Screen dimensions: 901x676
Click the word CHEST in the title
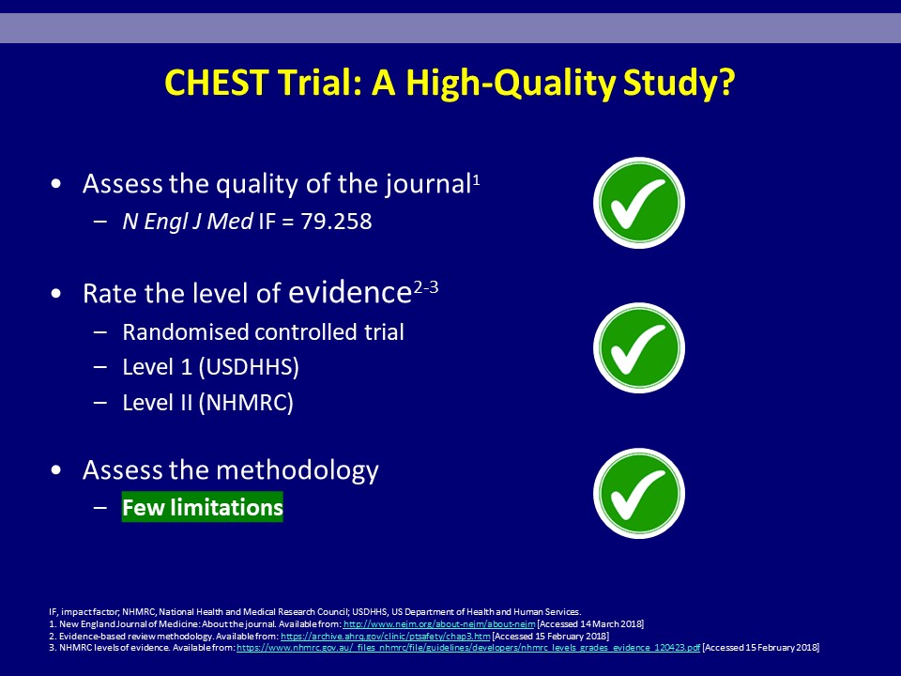(216, 83)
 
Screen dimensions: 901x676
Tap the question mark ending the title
(726, 83)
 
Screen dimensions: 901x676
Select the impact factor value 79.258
(336, 222)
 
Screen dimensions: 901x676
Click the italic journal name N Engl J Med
(188, 222)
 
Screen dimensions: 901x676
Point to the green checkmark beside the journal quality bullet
(639, 203)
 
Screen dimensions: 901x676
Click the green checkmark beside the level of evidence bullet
(639, 347)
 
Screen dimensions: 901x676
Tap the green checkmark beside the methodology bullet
(639, 493)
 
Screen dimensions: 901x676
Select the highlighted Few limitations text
(203, 507)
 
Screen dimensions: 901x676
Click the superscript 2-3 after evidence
(426, 286)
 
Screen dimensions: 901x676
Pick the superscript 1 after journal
(476, 179)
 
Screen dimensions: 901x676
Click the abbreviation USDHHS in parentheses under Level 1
(248, 367)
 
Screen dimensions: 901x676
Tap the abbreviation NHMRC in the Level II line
(246, 403)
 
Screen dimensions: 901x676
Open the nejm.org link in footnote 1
(439, 623)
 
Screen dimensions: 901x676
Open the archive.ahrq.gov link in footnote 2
(386, 636)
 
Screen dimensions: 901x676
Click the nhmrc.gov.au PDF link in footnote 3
(468, 647)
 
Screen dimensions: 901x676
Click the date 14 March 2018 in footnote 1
(611, 623)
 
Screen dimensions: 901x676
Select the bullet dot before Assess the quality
(55, 184)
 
